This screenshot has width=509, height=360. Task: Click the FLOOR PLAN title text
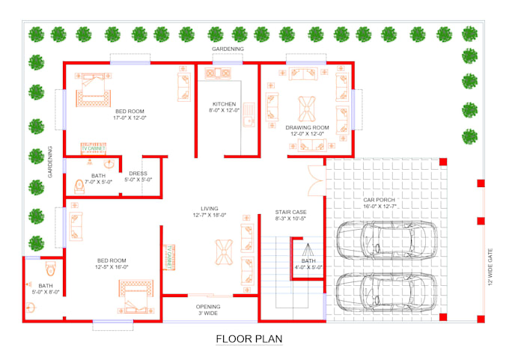(x=249, y=339)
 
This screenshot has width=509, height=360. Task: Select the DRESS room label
(x=138, y=177)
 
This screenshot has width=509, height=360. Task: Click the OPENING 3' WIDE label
(x=208, y=311)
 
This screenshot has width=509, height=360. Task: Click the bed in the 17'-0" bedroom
(x=92, y=94)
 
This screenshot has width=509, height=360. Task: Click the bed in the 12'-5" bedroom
(x=135, y=293)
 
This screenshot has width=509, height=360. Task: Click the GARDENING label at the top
(x=228, y=49)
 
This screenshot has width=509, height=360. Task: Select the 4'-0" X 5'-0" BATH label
(x=308, y=263)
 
